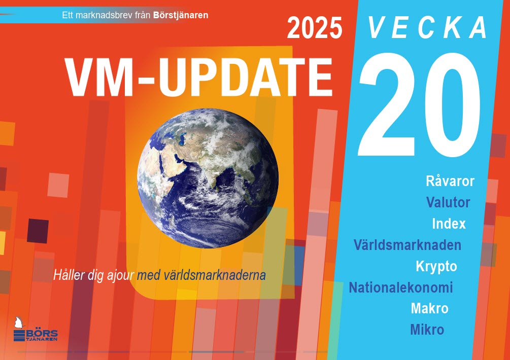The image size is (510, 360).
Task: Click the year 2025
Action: pyautogui.click(x=315, y=28)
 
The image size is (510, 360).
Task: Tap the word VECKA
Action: pyautogui.click(x=427, y=27)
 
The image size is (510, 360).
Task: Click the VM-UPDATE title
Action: pyautogui.click(x=199, y=78)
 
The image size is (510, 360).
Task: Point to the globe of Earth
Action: pyautogui.click(x=208, y=178)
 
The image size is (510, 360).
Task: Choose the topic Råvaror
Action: pyautogui.click(x=450, y=181)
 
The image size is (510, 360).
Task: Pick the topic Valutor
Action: pyautogui.click(x=448, y=202)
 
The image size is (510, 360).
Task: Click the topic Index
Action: pyautogui.click(x=449, y=224)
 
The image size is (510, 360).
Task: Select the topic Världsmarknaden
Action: pyautogui.click(x=407, y=245)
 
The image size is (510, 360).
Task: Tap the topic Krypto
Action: pyautogui.click(x=436, y=266)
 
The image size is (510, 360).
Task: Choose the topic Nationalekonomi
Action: pyautogui.click(x=401, y=287)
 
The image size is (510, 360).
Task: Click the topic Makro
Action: pyautogui.click(x=430, y=308)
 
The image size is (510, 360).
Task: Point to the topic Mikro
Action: pyautogui.click(x=427, y=330)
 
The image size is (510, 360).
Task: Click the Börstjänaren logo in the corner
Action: pyautogui.click(x=35, y=330)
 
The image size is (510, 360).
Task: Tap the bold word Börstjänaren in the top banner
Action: pyautogui.click(x=181, y=15)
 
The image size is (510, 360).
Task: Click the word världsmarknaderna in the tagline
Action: pyautogui.click(x=215, y=275)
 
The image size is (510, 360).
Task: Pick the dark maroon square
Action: pyautogui.click(x=38, y=231)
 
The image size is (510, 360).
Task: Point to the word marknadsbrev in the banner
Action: pyautogui.click(x=104, y=15)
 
